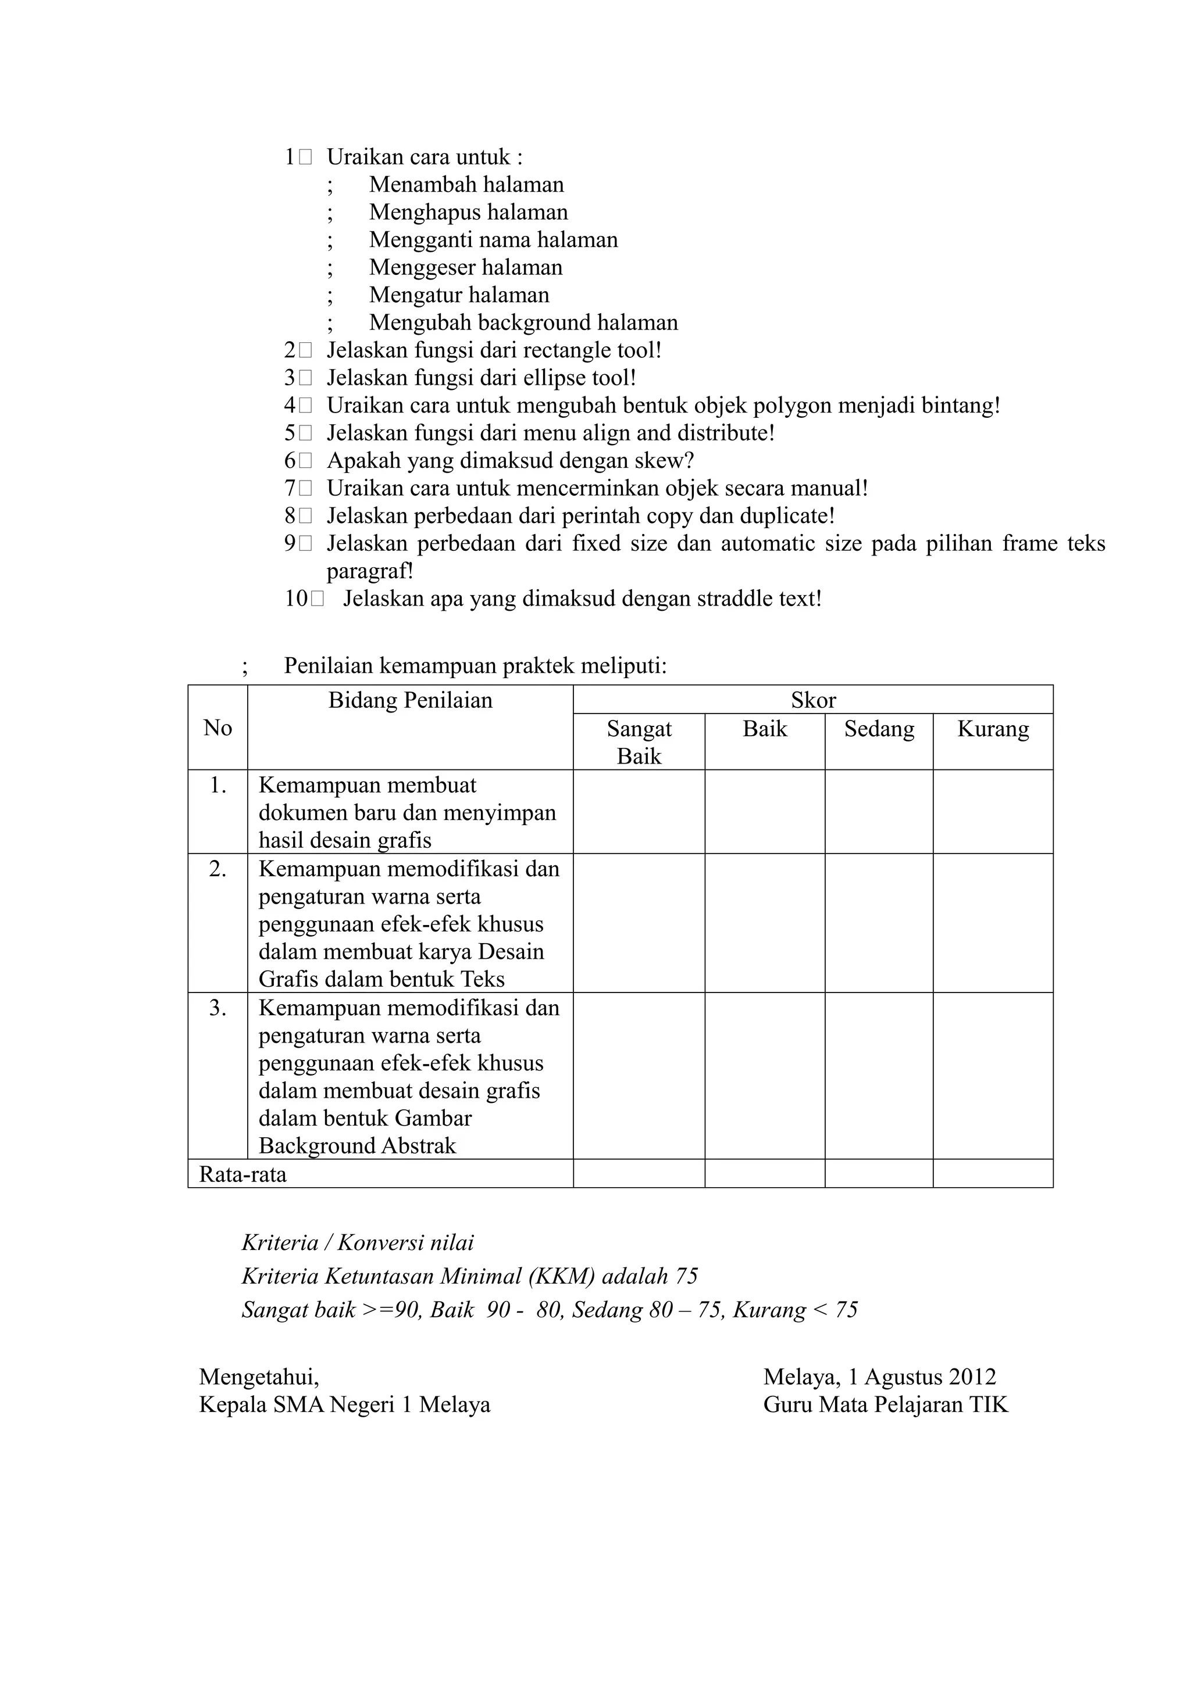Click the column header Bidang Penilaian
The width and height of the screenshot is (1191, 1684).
[x=410, y=700]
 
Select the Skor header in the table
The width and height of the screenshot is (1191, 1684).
[x=813, y=700]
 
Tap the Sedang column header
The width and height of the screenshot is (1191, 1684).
[x=879, y=729]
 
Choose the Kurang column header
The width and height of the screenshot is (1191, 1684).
[x=993, y=729]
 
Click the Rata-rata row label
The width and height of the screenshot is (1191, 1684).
[x=243, y=1175]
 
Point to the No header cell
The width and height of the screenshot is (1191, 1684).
[x=217, y=728]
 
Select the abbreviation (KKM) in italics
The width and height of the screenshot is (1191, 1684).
[x=561, y=1276]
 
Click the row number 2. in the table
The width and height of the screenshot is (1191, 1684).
[x=217, y=869]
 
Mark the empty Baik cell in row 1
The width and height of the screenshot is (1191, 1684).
[x=765, y=812]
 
